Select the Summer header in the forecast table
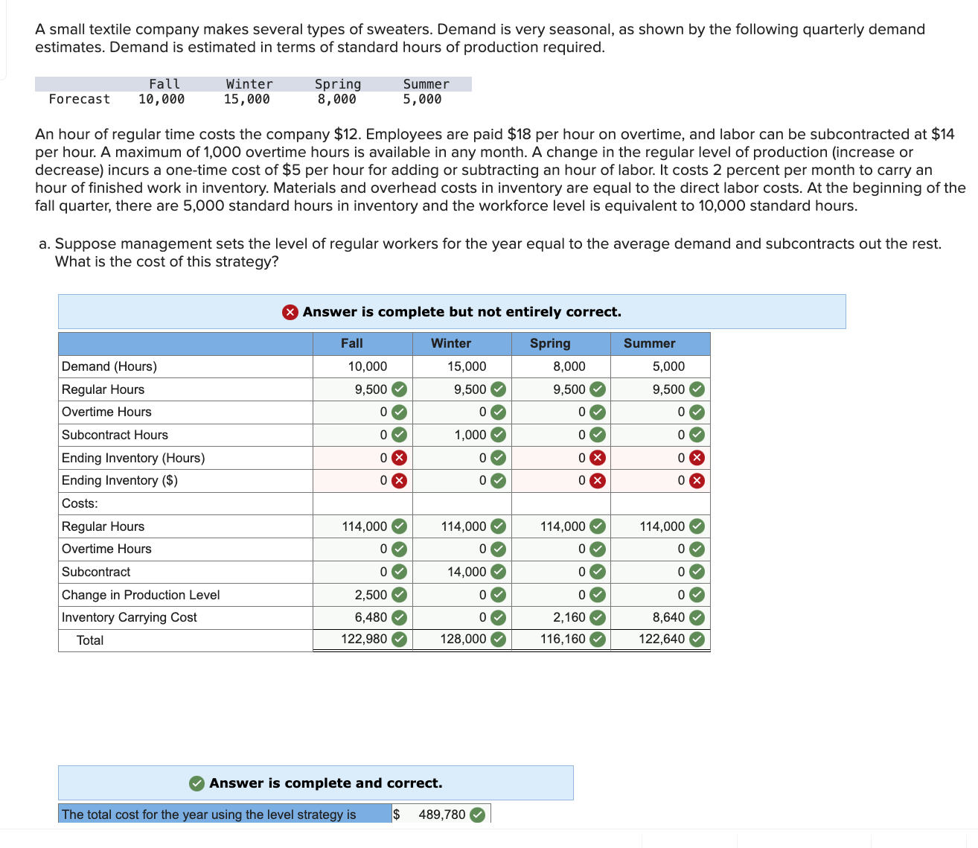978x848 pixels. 426,84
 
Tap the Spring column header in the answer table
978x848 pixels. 550,343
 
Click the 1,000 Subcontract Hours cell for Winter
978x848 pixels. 470,435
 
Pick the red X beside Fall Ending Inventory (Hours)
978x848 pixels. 400,458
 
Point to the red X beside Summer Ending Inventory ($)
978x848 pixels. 697,480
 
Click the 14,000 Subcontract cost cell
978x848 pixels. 467,572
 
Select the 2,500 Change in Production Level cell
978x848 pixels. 371,595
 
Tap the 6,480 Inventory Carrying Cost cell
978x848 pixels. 371,617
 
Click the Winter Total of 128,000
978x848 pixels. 463,639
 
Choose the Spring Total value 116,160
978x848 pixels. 563,639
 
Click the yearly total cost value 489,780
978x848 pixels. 442,814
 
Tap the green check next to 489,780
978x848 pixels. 478,814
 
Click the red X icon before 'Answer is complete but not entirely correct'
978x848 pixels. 290,312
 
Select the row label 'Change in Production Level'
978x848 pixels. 141,595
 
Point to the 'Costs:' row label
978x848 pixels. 80,503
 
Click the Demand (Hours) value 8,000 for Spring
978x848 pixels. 569,366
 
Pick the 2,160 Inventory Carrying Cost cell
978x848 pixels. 569,617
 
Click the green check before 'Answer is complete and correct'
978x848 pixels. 197,783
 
